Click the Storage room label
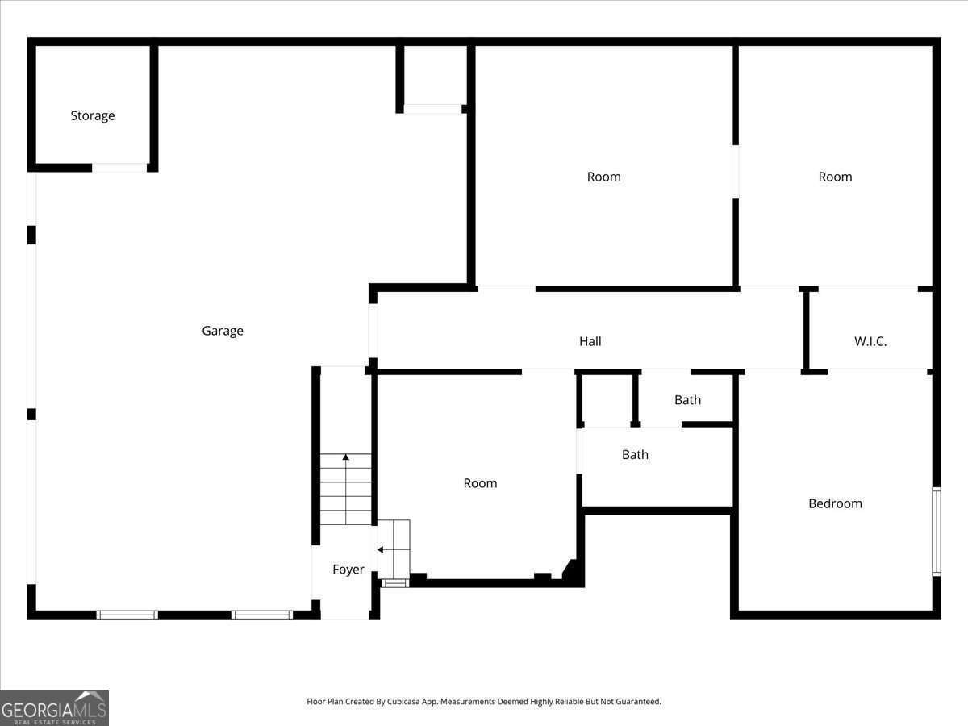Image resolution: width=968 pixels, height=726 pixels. coord(92,115)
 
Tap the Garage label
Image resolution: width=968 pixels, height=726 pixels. coord(223,331)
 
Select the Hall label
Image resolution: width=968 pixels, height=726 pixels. coord(590,341)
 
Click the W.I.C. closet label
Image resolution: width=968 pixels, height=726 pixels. coord(870,341)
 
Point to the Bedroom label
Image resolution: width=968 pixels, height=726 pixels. coord(835,503)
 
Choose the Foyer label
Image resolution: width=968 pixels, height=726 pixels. coord(348,570)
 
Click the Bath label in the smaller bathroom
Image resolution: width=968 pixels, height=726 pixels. coord(687,400)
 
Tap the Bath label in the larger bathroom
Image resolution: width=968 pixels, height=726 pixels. coord(635,455)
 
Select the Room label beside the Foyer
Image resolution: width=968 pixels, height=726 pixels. coord(480,483)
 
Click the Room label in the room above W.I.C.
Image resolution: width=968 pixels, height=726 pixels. coord(835,177)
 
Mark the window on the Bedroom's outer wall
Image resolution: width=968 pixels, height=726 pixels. coord(937,531)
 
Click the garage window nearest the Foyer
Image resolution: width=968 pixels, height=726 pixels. coord(261,615)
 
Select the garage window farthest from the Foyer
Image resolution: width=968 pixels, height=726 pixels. coord(127,615)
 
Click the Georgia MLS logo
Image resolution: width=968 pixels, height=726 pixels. coord(54,707)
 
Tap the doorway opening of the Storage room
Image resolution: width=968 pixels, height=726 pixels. coord(119,168)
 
